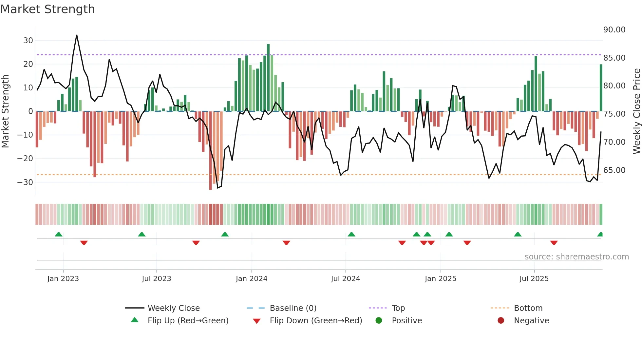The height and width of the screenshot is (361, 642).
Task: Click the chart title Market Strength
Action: pyautogui.click(x=47, y=9)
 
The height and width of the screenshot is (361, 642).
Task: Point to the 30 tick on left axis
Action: pyautogui.click(x=28, y=41)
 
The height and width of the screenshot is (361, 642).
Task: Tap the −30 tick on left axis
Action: pyautogui.click(x=26, y=182)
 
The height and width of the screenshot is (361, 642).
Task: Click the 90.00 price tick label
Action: pyautogui.click(x=614, y=30)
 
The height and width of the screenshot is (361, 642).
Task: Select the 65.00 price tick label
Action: pyautogui.click(x=614, y=170)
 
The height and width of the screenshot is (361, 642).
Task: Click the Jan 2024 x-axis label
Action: pyautogui.click(x=251, y=279)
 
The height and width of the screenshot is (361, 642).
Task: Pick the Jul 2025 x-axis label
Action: pyautogui.click(x=534, y=279)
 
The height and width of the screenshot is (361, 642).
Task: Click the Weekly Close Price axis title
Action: pyautogui.click(x=636, y=111)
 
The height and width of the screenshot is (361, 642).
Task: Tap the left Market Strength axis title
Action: pyautogui.click(x=5, y=111)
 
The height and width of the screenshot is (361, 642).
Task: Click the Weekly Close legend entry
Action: pyautogui.click(x=173, y=308)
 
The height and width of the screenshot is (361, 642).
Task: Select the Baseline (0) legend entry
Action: pyautogui.click(x=293, y=308)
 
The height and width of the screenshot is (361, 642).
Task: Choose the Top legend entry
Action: pyautogui.click(x=398, y=308)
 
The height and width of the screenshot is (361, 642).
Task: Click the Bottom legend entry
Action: pyautogui.click(x=528, y=308)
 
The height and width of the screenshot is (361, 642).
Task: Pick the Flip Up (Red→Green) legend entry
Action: pyautogui.click(x=188, y=321)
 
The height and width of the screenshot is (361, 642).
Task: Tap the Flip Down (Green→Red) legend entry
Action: pyautogui.click(x=315, y=321)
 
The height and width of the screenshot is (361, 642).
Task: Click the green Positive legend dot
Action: pyautogui.click(x=379, y=321)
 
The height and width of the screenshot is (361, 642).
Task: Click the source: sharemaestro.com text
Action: pyautogui.click(x=576, y=257)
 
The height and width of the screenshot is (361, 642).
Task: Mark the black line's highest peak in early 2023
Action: pyautogui.click(x=77, y=35)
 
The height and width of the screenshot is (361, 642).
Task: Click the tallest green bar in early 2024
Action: pyautogui.click(x=268, y=78)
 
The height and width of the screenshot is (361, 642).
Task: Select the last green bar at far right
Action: pyautogui.click(x=601, y=88)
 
